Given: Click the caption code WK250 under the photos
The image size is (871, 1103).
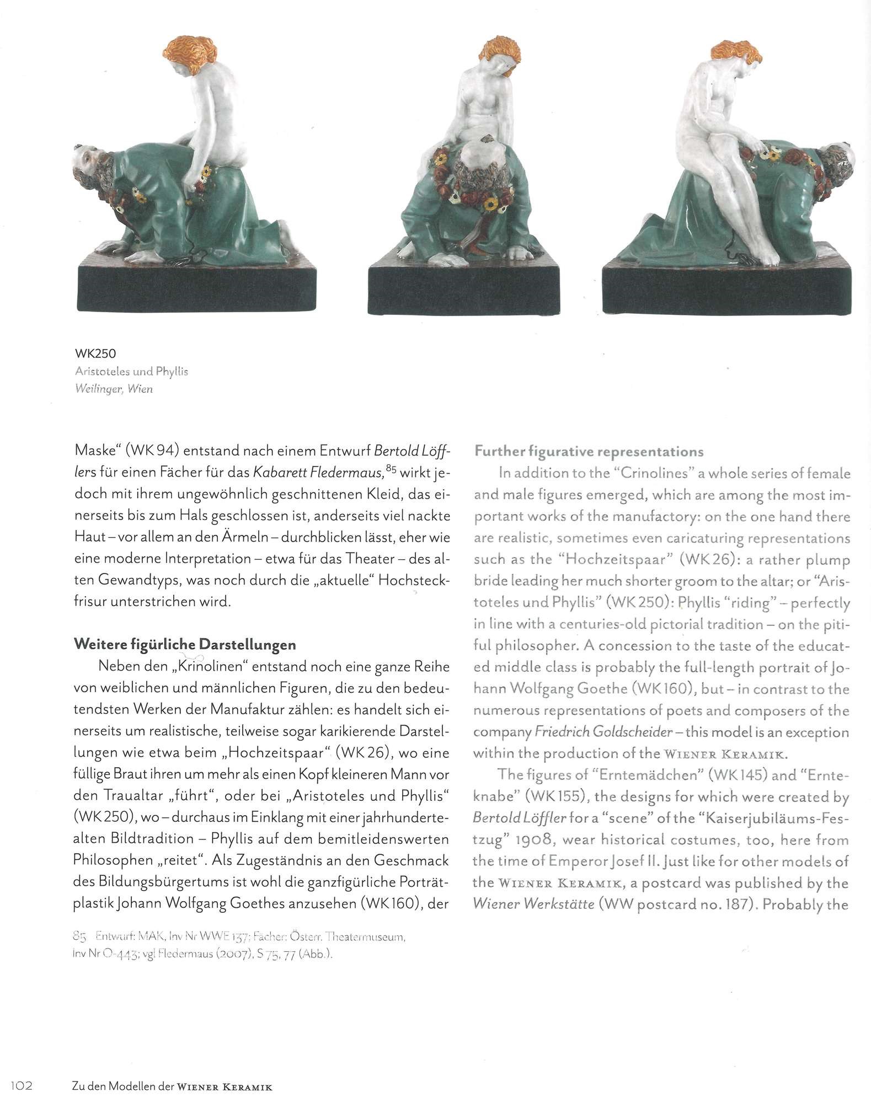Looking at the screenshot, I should click(95, 354).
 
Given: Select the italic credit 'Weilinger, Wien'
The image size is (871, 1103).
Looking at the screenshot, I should click(113, 389).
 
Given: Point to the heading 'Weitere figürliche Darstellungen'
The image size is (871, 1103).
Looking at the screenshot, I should click(185, 645).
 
